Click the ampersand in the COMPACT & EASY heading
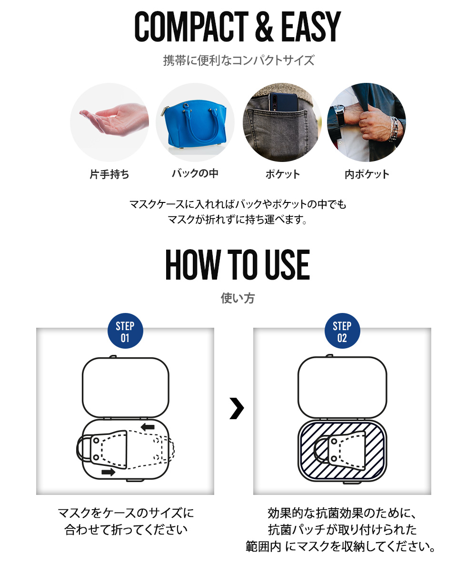point(264,26)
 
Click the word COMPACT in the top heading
point(191,26)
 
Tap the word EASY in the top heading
point(311,26)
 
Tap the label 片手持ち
point(109,174)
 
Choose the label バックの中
point(195,174)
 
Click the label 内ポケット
point(367,174)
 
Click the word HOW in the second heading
point(193,265)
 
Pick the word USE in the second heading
point(287,265)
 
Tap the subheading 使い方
point(238,298)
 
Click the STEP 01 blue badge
point(125,331)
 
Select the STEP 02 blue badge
point(342,331)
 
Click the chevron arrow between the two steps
point(237,408)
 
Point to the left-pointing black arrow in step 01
point(148,427)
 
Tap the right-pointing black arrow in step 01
point(108,472)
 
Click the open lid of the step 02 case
point(342,387)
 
